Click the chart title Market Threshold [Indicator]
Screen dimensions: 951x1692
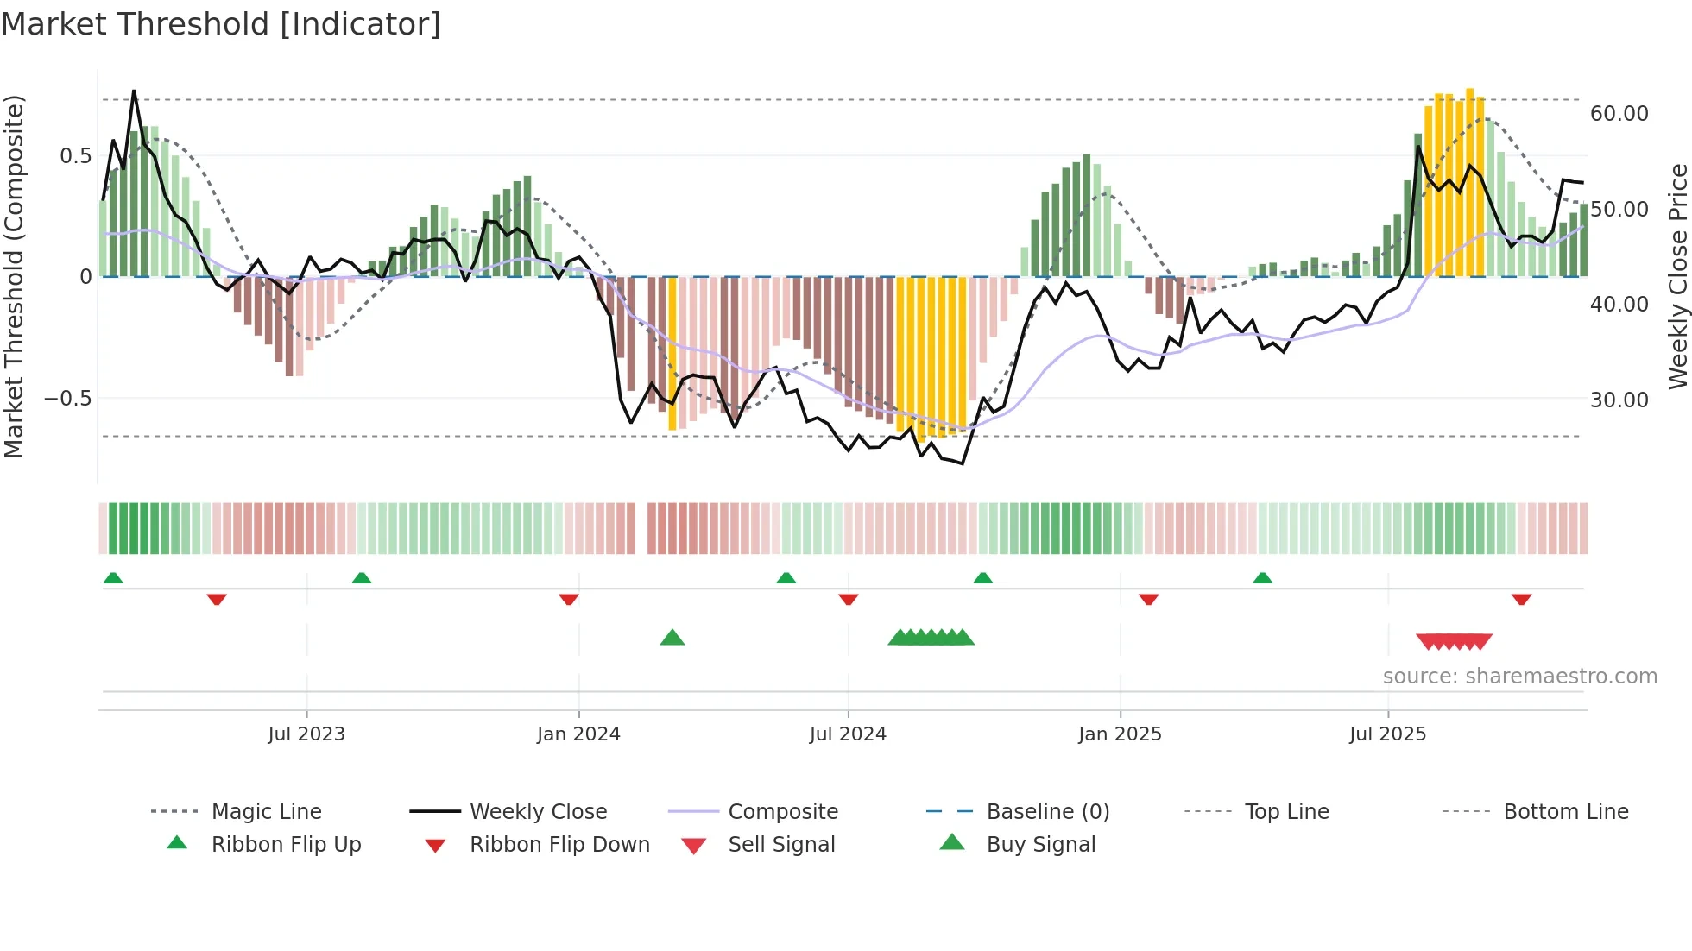(x=221, y=24)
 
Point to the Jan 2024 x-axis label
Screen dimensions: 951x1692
(x=578, y=734)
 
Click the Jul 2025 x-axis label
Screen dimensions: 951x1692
(x=1387, y=734)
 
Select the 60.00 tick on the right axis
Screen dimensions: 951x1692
(x=1619, y=113)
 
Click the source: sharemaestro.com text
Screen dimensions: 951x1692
(x=1519, y=676)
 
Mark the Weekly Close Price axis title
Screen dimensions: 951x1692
(x=1677, y=276)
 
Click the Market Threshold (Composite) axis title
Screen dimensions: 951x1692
(x=14, y=276)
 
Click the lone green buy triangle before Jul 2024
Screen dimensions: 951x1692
(x=672, y=639)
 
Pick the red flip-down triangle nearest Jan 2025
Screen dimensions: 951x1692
(x=1148, y=599)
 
